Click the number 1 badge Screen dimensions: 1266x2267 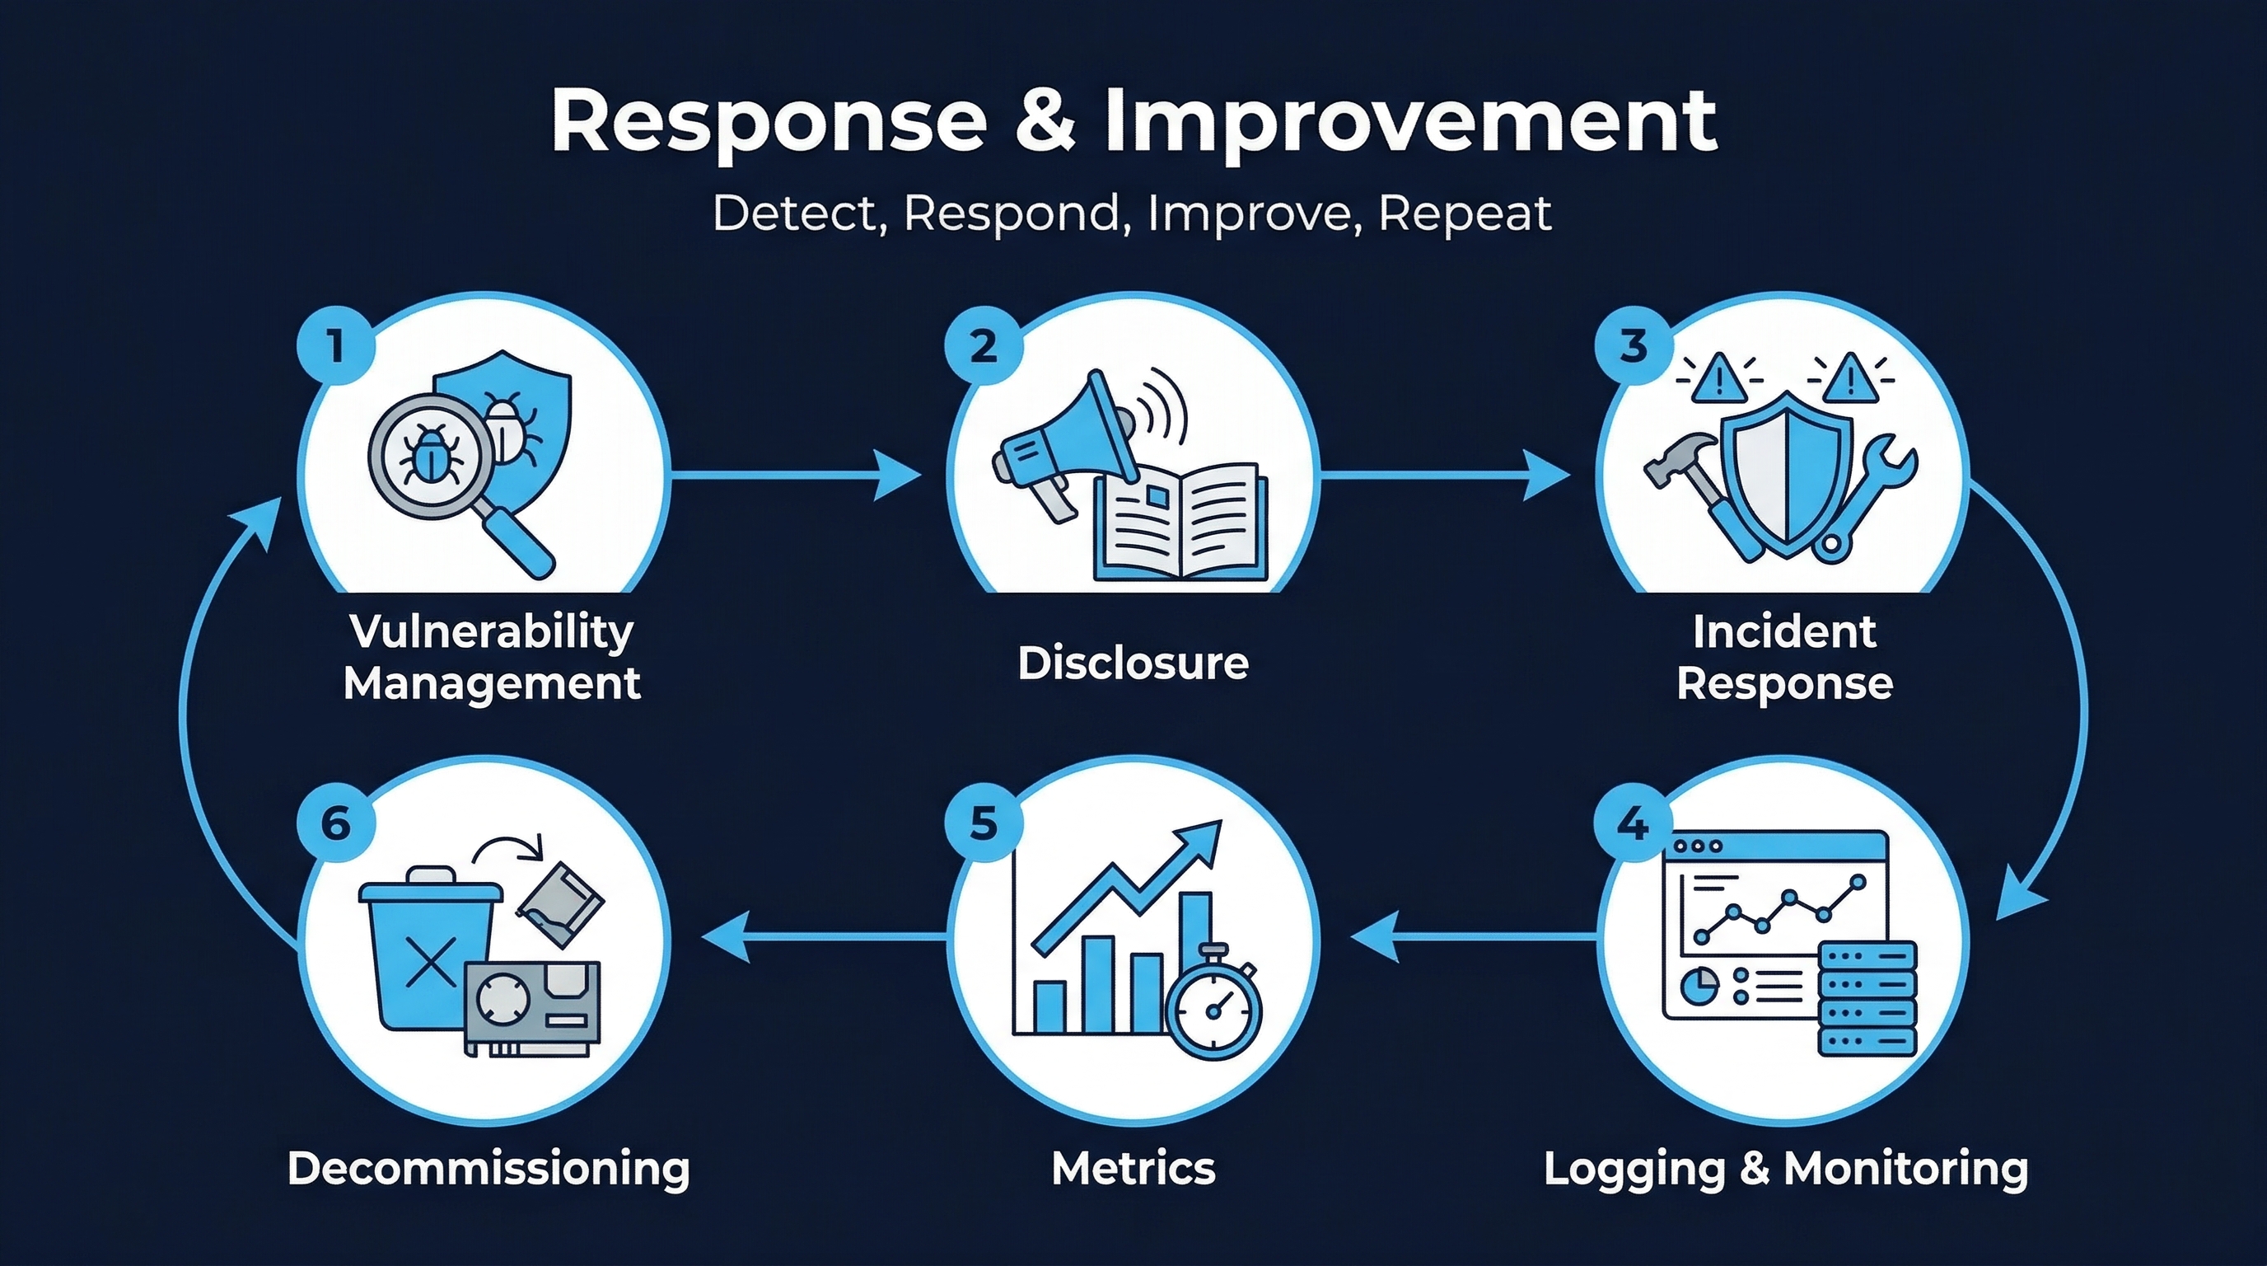pos(335,345)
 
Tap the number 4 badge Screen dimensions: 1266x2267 pos(1634,825)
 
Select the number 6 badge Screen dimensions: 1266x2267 pos(335,825)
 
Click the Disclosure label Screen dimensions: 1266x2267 pos(1133,663)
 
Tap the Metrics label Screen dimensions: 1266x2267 pos(1133,1168)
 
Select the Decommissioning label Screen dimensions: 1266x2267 pos(488,1168)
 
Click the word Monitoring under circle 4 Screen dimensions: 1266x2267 pos(1905,1168)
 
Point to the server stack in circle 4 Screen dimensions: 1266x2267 pos(1867,999)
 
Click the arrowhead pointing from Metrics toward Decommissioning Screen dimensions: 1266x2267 pos(727,935)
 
